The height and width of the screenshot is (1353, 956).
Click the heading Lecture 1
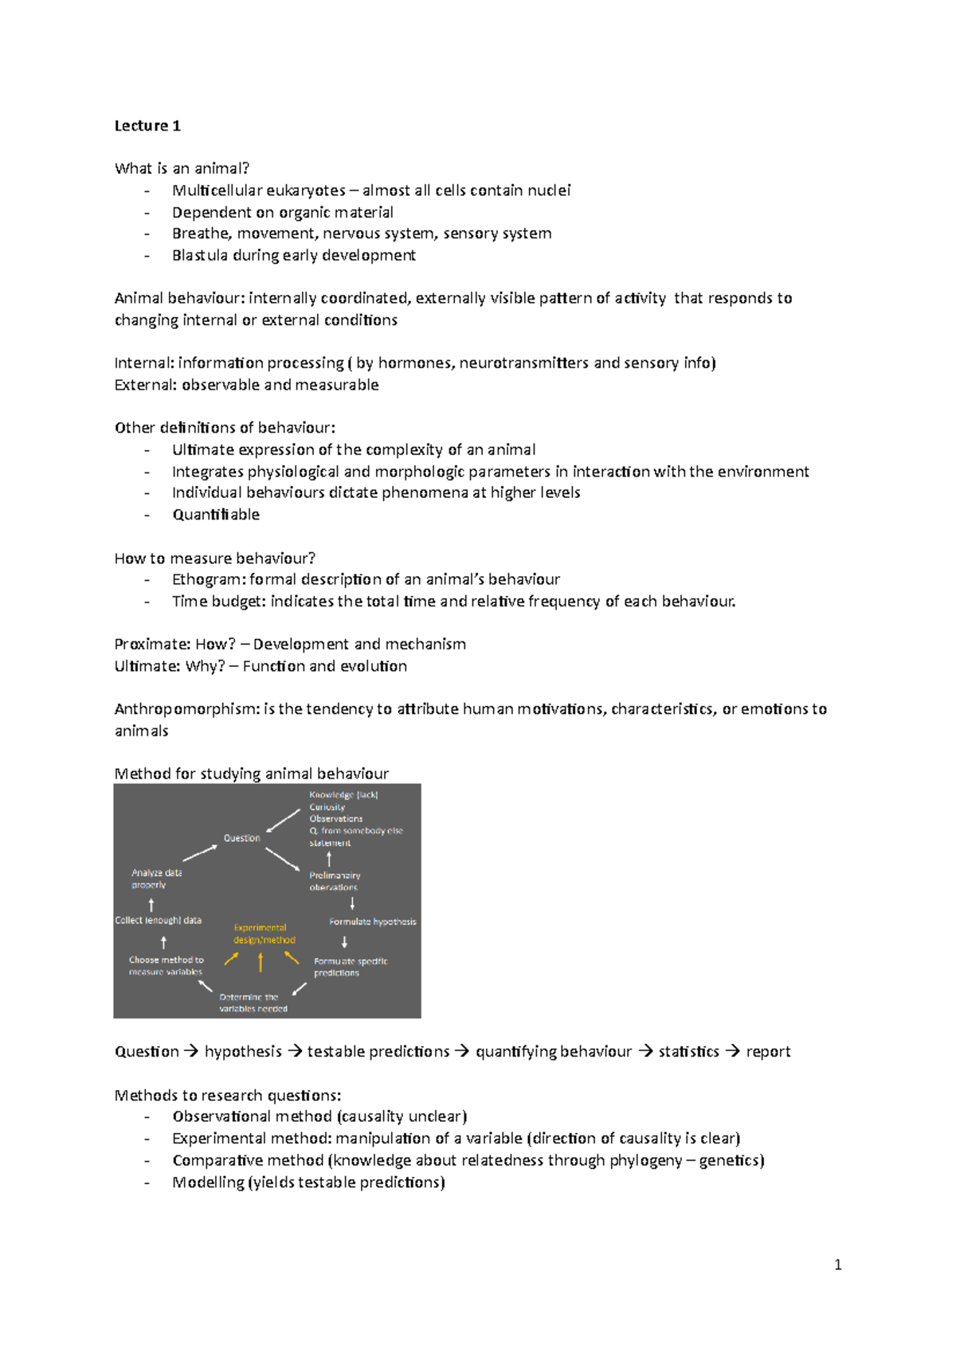[147, 126]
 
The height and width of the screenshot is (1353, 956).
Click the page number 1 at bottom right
[837, 1265]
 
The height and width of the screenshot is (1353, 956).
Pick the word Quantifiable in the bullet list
[216, 515]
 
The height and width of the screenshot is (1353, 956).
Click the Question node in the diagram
[241, 838]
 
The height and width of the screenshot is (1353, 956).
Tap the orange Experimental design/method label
[264, 934]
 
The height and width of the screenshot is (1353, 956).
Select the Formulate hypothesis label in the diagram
[372, 922]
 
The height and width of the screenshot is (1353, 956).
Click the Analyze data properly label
[156, 879]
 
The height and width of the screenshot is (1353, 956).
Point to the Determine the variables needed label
[253, 1002]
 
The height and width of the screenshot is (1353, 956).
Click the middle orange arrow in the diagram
[261, 963]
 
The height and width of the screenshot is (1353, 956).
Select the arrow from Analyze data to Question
[200, 853]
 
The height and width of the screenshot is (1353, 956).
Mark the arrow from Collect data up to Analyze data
[151, 904]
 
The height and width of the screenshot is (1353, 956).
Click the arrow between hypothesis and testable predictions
[295, 1052]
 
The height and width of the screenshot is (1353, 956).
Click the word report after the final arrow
[768, 1052]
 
